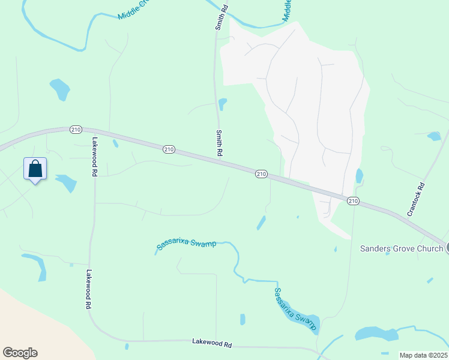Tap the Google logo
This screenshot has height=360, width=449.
(x=20, y=353)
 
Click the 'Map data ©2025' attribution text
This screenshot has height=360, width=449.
(x=423, y=355)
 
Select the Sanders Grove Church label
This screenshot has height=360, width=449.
(x=401, y=248)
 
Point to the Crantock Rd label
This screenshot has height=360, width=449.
(x=415, y=199)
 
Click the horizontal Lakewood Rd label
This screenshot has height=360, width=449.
(x=212, y=344)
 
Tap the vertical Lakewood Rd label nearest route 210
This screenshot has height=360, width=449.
(x=94, y=157)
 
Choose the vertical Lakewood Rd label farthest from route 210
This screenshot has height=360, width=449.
(x=88, y=289)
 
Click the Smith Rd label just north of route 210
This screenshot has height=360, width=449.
(x=220, y=143)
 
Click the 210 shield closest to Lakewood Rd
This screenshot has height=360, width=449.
(x=76, y=129)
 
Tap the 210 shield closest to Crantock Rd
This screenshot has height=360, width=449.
(x=354, y=200)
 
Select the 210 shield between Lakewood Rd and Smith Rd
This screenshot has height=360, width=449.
(x=169, y=149)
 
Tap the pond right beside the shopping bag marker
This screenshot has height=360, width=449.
(x=65, y=182)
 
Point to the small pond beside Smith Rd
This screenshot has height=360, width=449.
(x=223, y=104)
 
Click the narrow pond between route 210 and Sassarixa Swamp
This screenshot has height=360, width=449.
(x=261, y=223)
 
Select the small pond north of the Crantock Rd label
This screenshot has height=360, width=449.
(x=434, y=136)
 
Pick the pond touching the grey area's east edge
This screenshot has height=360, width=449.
(x=359, y=176)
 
